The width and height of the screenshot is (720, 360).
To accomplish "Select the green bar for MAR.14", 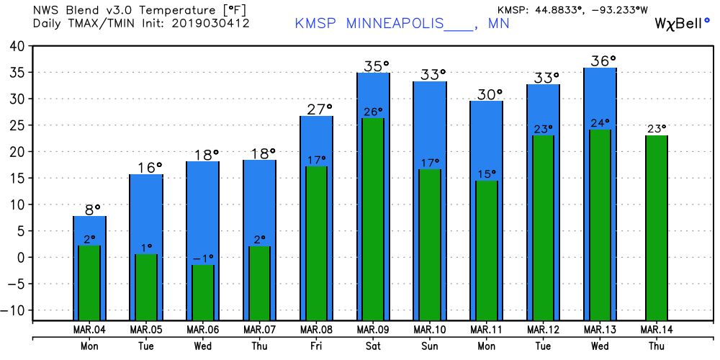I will (x=657, y=227).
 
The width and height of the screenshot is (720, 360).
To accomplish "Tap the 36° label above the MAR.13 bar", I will (x=603, y=60).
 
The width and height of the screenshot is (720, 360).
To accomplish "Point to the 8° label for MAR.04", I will (x=89, y=210).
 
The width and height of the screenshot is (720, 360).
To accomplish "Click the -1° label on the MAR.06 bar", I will (x=202, y=258).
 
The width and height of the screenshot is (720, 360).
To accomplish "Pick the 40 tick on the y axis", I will (x=17, y=46).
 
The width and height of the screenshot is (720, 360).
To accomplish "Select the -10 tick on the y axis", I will (x=14, y=310).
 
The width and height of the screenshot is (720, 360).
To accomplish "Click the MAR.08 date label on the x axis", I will (x=316, y=330).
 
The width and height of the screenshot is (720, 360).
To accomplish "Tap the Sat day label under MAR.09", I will (x=373, y=345).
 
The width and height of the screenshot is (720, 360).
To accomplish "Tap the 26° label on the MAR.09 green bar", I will (x=373, y=112).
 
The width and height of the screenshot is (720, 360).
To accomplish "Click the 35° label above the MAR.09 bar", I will (x=373, y=66).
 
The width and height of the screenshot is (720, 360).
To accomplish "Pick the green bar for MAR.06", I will (x=202, y=292).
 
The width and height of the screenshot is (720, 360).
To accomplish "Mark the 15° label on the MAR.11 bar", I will (x=487, y=174).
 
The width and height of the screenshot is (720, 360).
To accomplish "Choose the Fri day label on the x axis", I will (x=316, y=345).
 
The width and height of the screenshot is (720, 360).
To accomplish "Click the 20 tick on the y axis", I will (x=17, y=152).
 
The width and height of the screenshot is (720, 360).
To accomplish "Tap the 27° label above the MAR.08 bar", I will (x=316, y=109).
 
